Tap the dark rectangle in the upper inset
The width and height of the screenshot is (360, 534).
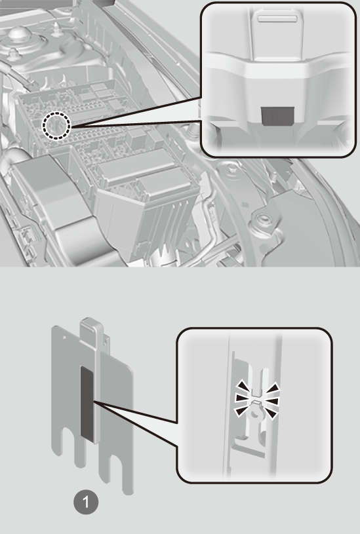278,116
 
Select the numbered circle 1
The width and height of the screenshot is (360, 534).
86,502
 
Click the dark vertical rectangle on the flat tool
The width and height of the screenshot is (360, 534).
87,402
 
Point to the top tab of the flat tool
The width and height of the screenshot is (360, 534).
91,328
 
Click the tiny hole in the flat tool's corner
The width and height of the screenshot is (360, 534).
64,338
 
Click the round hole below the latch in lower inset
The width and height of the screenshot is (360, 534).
254,414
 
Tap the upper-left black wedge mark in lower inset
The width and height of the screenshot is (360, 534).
243,386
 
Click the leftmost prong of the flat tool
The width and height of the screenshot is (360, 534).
56,440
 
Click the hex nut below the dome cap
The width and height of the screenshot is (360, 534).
14,54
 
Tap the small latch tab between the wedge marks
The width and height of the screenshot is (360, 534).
256,403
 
